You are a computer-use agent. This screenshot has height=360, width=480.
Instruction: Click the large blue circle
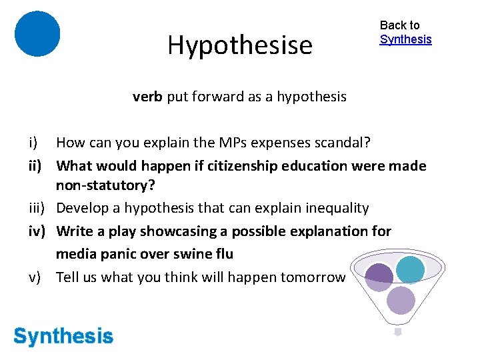pos(37,34)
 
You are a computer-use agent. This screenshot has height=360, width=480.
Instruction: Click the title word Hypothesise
pos(240,45)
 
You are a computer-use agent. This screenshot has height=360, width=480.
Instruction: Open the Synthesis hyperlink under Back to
pos(405,39)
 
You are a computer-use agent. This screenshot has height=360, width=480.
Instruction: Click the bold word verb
pos(148,97)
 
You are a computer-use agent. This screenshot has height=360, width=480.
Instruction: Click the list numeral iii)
pos(37,208)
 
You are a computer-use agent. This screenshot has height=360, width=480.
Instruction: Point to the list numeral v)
pos(37,277)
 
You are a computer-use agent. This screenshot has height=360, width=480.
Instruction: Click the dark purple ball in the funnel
pos(379,276)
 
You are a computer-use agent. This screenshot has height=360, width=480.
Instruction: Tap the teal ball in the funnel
pos(409,269)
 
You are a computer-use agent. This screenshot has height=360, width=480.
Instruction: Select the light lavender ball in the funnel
pos(401,301)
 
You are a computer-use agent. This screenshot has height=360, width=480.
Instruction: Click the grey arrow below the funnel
pos(397,331)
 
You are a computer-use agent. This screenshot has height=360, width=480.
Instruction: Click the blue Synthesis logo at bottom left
pos(63,336)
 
